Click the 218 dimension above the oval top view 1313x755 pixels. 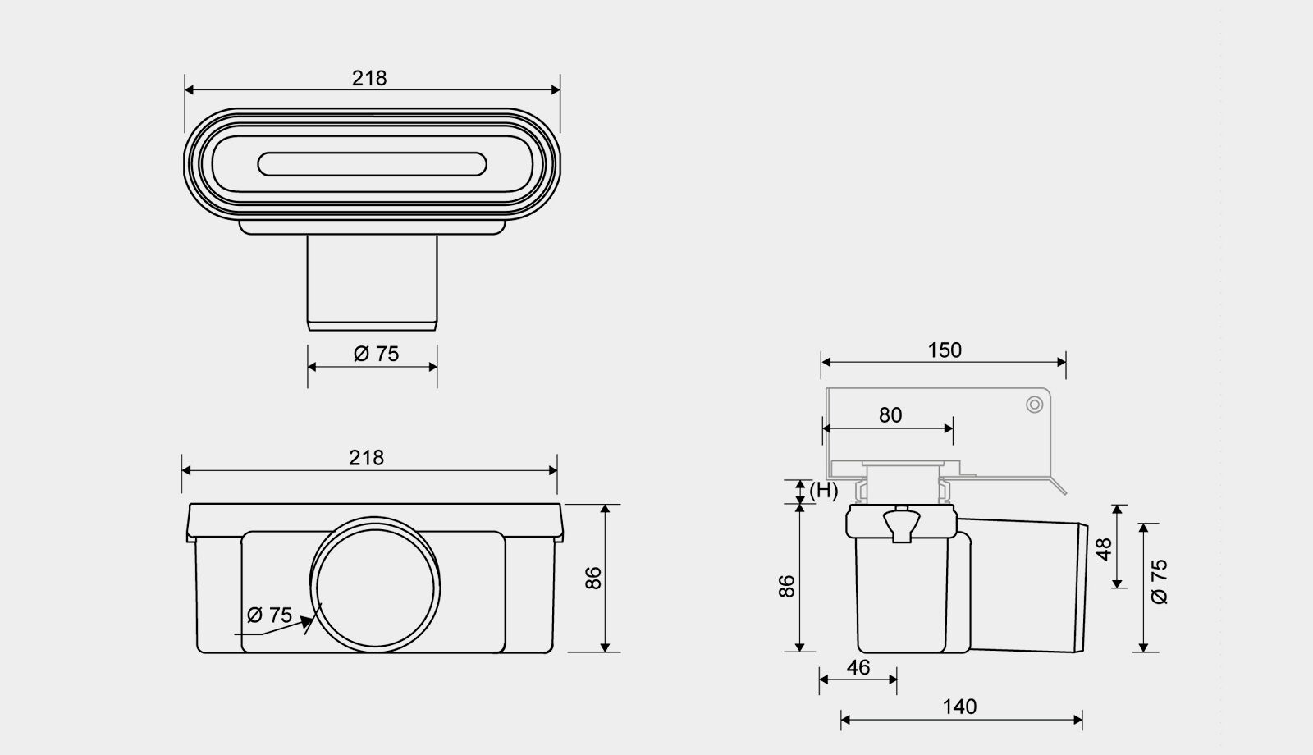pos(369,78)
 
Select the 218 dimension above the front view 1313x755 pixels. pos(366,458)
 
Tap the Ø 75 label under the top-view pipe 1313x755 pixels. pos(377,354)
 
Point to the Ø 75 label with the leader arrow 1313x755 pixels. pos(269,615)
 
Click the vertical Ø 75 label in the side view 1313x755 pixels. pos(1160,582)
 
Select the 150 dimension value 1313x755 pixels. pos(945,350)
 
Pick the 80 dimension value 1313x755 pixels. pos(890,415)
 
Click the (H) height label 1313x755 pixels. pos(824,491)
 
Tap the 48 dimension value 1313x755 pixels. pos(1104,549)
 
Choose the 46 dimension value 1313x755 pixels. pos(858,668)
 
